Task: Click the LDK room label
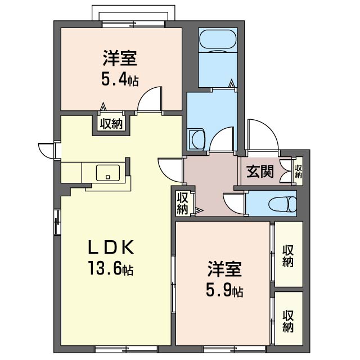point(111,247)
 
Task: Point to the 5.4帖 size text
point(120,80)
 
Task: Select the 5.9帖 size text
point(224,290)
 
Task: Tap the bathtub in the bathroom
point(218,39)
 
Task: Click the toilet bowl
point(283,204)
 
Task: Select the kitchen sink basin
point(108,173)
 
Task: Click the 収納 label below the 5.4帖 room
point(111,124)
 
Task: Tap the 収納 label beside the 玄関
point(299,172)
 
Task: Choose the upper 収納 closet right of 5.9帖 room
point(289,254)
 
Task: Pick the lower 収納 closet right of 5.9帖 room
point(289,319)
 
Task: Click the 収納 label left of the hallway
point(182,204)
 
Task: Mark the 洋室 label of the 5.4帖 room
point(120,58)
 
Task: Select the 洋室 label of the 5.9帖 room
point(224,269)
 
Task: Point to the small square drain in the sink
point(108,177)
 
